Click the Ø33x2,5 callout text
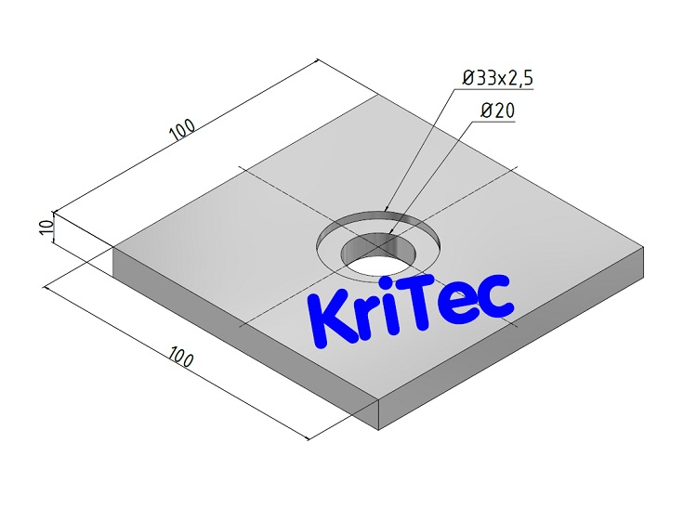pyautogui.click(x=498, y=78)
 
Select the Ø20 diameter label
pyautogui.click(x=497, y=111)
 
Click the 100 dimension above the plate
pyautogui.click(x=183, y=130)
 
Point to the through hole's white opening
pyautogui.click(x=376, y=262)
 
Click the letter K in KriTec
pyautogui.click(x=328, y=316)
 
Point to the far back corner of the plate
pyautogui.click(x=375, y=96)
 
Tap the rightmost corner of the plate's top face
pyautogui.click(x=643, y=248)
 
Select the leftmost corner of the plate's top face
pyautogui.click(x=113, y=246)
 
